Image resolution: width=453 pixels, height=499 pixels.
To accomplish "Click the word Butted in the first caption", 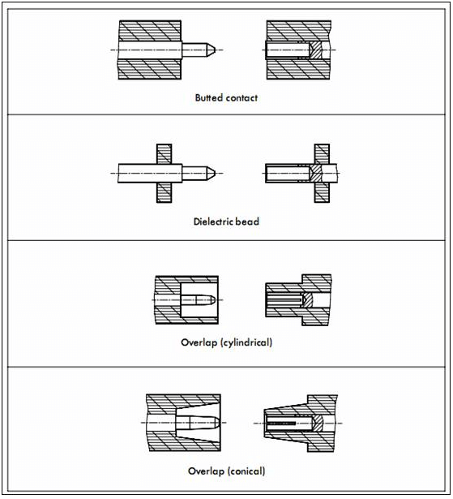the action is (208, 97).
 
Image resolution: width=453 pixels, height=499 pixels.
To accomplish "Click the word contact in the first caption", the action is (241, 98).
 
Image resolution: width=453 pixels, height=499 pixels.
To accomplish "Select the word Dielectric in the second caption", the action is (213, 222).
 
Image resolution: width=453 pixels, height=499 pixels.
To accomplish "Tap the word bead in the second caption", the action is (247, 222).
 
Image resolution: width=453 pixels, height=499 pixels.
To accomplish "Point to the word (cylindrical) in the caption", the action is (246, 342).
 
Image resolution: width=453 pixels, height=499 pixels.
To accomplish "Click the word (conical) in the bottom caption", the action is (246, 471).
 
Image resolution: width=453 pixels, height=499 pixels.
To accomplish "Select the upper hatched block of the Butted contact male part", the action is (150, 31).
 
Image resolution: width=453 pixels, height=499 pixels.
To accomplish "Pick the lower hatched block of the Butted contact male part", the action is (150, 69).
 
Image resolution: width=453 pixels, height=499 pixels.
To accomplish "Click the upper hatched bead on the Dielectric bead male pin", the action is (165, 154).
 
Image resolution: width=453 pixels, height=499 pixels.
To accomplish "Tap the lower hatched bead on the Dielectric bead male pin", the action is (165, 192).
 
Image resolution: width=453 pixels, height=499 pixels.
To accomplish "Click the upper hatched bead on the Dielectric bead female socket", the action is (322, 154).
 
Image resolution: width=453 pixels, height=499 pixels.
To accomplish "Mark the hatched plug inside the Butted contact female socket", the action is (316, 50).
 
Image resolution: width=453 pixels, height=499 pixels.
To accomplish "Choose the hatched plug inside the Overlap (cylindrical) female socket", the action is (308, 300).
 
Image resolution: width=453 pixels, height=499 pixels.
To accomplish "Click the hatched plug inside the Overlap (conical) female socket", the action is (317, 424).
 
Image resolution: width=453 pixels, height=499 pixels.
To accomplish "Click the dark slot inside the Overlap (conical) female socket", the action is (282, 424).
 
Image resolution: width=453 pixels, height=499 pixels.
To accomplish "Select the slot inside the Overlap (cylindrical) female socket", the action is (284, 299).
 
